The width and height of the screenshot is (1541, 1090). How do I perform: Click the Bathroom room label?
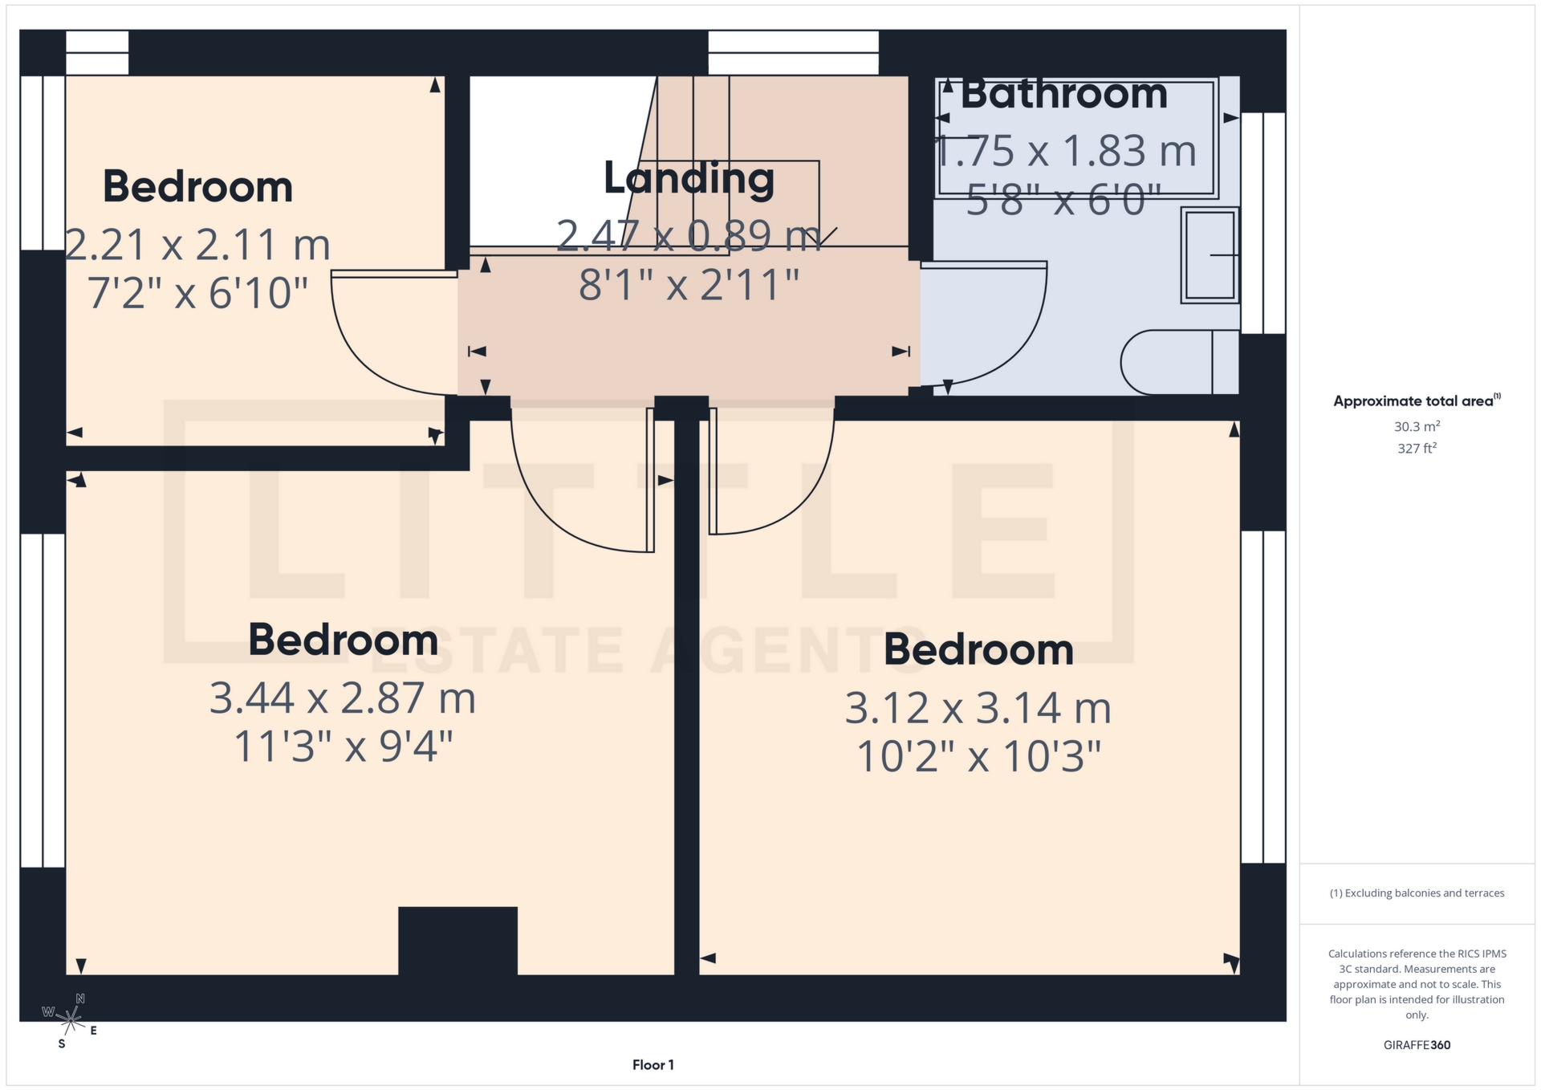(x=1063, y=94)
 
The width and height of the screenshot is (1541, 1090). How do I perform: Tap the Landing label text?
(x=689, y=178)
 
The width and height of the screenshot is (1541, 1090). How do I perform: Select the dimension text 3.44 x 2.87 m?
(x=343, y=698)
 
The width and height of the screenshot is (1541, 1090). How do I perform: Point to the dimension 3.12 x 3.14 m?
(x=978, y=708)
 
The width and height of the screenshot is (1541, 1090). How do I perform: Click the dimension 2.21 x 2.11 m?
(x=197, y=244)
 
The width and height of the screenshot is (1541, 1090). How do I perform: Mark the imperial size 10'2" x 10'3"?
(x=978, y=756)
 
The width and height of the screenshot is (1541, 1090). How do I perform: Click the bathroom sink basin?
(x=1210, y=255)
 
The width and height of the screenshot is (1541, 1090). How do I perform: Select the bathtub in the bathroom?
(x=1076, y=137)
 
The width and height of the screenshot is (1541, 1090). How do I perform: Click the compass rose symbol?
(x=71, y=1020)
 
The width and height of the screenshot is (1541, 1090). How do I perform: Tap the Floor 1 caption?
(x=653, y=1065)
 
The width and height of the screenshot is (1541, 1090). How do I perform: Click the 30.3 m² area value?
(x=1417, y=426)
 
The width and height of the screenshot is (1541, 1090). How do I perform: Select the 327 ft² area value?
(x=1417, y=449)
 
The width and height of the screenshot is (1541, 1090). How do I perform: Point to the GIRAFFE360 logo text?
(x=1417, y=1045)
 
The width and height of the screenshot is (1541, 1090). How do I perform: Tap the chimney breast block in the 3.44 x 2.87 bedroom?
(x=457, y=940)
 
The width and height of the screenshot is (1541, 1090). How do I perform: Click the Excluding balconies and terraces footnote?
(x=1417, y=893)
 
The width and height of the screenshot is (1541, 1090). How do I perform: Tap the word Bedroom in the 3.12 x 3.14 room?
(x=978, y=649)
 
